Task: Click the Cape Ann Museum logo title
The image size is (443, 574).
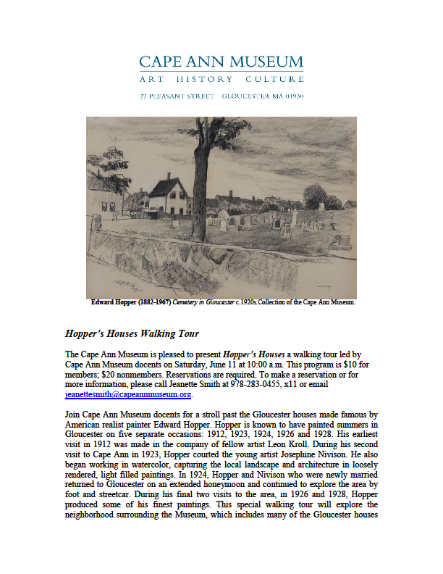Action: click(221, 62)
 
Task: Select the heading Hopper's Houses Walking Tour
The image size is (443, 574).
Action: click(132, 334)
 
